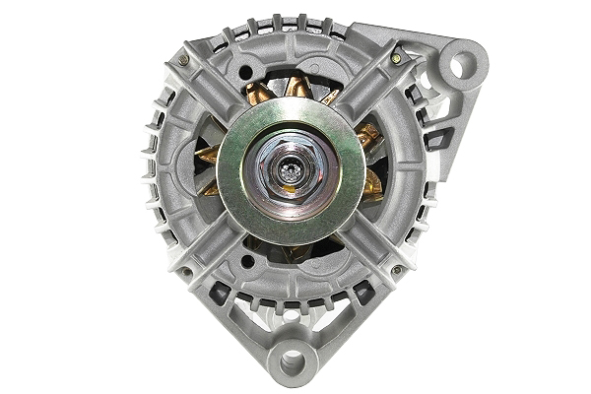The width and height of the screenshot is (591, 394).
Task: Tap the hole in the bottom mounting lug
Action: [293, 362]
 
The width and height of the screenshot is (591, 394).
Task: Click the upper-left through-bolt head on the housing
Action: [183, 60]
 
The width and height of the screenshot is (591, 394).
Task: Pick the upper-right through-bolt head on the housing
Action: [395, 59]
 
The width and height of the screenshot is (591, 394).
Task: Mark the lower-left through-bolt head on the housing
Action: [182, 271]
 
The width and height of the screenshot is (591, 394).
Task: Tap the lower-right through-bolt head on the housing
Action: [396, 269]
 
